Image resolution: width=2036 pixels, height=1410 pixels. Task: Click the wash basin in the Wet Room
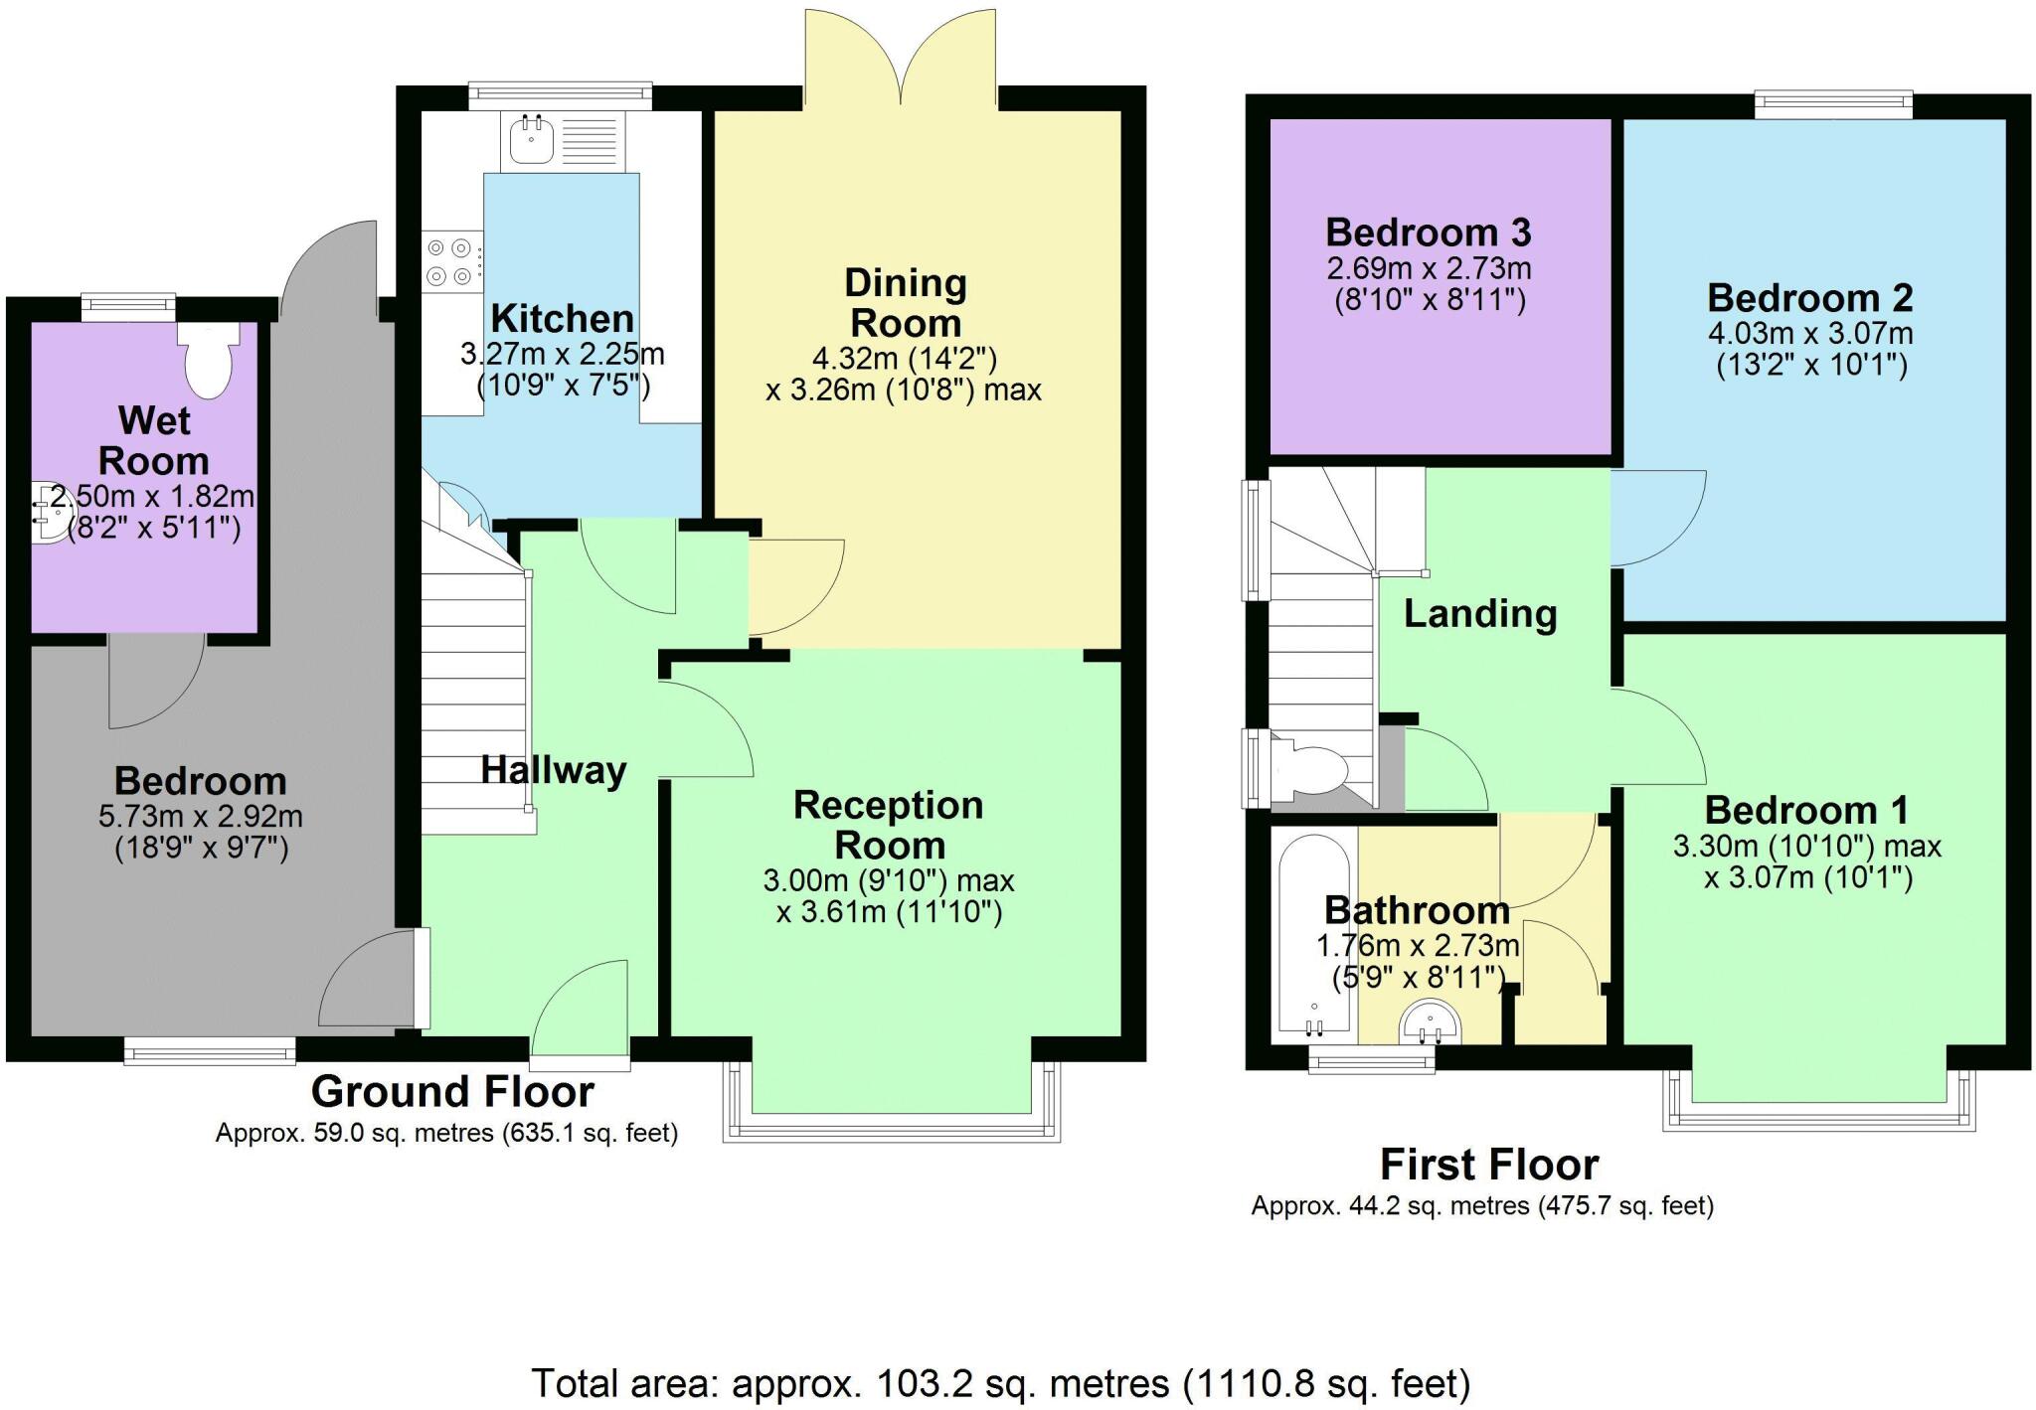click(x=52, y=513)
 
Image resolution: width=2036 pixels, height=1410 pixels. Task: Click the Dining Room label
click(x=905, y=303)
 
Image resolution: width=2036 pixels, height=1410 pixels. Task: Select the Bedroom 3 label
click(x=1428, y=233)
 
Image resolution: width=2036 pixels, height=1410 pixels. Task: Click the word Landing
click(x=1479, y=614)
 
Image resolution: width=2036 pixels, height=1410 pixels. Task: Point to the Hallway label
click(x=553, y=770)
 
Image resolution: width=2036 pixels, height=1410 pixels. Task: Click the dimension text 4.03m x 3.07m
click(x=1809, y=333)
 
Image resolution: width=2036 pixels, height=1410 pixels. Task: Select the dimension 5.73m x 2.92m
click(x=201, y=817)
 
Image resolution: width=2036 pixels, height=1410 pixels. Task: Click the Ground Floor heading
click(x=452, y=1092)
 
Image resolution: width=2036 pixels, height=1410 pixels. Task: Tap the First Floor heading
click(x=1489, y=1165)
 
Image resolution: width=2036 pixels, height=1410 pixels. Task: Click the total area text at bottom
click(x=1000, y=1383)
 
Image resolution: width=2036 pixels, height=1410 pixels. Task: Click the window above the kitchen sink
click(x=561, y=94)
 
